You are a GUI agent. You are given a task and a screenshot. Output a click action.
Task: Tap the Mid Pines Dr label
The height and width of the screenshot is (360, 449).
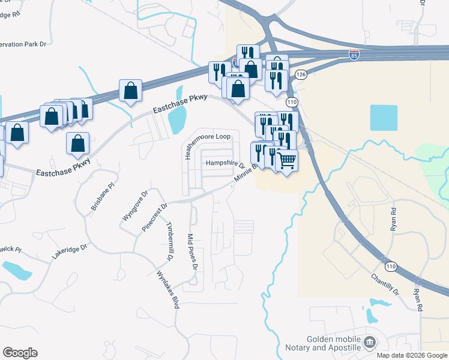193,251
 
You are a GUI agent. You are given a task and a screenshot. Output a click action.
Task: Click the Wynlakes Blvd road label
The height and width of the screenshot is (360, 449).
168,290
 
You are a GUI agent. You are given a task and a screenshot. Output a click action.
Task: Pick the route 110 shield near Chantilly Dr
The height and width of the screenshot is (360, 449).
391,266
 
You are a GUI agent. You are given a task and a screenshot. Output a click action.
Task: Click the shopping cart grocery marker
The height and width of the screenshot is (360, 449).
288,160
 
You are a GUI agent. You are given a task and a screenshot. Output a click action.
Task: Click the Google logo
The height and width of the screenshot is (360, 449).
20,353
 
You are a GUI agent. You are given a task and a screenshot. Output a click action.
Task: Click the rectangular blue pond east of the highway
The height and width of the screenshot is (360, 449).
384,118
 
